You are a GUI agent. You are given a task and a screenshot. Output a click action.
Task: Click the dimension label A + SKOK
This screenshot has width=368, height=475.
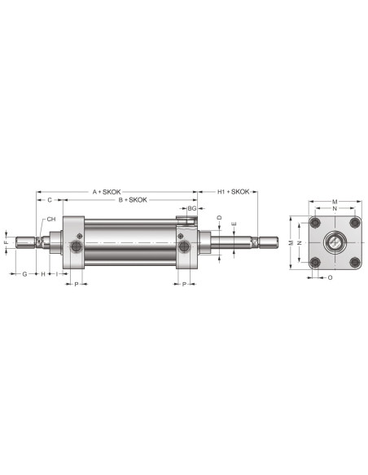click(107, 192)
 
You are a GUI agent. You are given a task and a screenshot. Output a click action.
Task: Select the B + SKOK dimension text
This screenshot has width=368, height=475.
click(133, 200)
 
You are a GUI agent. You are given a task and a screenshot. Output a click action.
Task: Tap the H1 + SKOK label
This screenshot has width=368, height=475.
click(234, 192)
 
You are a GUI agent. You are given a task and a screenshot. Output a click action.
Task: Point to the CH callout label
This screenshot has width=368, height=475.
click(51, 219)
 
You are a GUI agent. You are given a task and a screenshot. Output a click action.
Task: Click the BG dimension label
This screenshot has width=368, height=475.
click(192, 208)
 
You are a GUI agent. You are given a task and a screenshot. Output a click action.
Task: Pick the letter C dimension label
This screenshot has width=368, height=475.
click(50, 200)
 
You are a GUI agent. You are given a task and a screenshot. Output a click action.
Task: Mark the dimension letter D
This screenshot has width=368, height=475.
click(220, 217)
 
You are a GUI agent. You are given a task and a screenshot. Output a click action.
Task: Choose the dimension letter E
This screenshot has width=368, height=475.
click(234, 224)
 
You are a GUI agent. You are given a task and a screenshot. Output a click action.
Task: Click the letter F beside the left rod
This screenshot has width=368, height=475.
click(6, 242)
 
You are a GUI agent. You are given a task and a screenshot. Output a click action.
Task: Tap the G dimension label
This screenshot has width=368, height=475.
click(25, 274)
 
